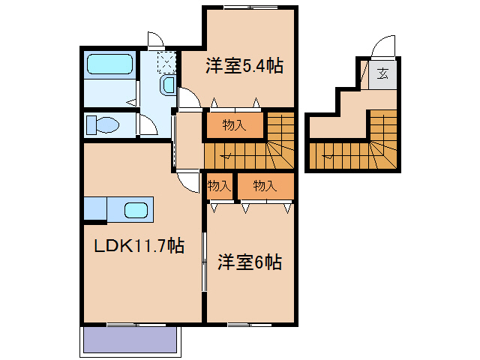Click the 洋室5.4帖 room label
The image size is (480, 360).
click(244, 66)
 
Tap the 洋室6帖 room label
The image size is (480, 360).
click(250, 262)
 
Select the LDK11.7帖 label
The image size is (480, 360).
click(139, 245)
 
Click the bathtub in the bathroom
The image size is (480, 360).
click(110, 64)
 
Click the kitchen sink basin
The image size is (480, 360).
click(136, 209)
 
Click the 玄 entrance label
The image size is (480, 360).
click(382, 73)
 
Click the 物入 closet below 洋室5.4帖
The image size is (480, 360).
click(235, 125)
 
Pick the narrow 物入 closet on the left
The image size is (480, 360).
click(219, 185)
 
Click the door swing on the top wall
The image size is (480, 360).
click(154, 40)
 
